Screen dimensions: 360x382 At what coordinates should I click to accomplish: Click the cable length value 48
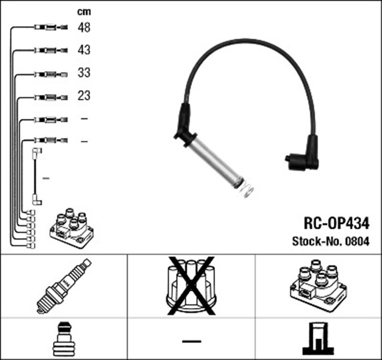pos(84,27)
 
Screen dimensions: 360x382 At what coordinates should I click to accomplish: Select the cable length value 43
pos(84,50)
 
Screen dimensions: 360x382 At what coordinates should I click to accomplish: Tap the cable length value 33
pos(84,73)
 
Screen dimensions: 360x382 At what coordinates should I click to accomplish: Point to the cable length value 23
pos(84,96)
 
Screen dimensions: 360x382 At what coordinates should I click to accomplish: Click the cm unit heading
pos(84,11)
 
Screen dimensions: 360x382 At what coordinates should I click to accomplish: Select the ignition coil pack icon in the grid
pos(318,285)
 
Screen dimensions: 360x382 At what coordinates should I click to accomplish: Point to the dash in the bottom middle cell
pos(191,340)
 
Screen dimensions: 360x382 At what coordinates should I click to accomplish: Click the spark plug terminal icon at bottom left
pos(63,339)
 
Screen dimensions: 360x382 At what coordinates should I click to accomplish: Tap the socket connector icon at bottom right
pos(318,339)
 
